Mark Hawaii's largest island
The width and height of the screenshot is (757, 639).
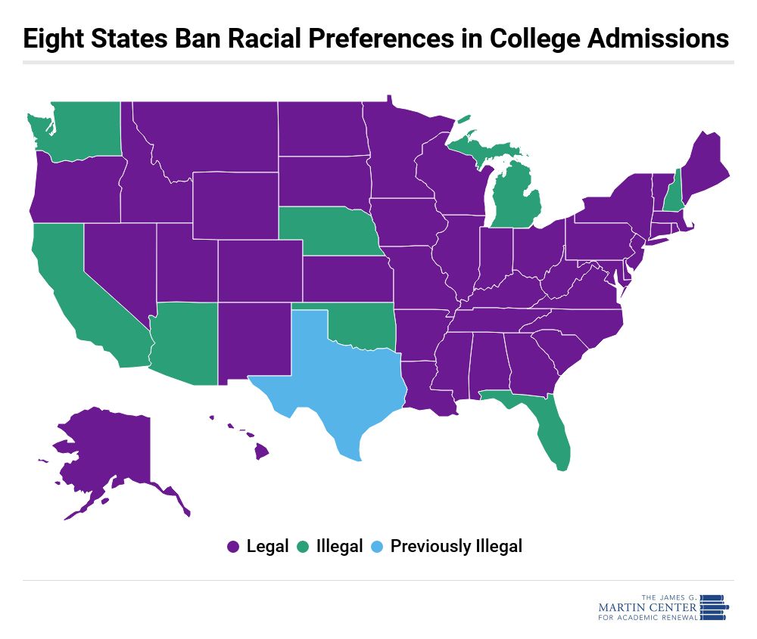coord(261,452)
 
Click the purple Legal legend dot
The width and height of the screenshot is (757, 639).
coord(233,547)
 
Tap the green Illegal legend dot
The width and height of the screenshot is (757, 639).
coord(303,547)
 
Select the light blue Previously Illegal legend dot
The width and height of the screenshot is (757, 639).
coord(376,547)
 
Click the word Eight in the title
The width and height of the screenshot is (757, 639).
coord(53,39)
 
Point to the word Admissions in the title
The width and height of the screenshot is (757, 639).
coord(658,38)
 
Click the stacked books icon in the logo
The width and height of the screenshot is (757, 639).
coord(714,608)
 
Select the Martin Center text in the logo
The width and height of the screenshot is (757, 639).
coord(647,607)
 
